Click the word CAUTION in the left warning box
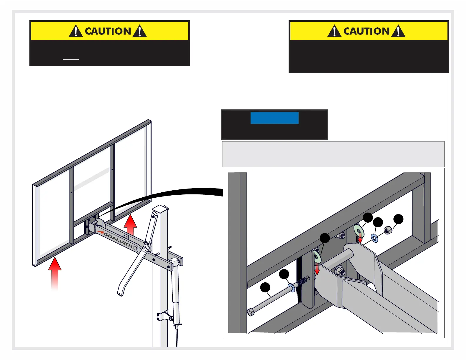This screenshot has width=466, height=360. pyautogui.click(x=108, y=31)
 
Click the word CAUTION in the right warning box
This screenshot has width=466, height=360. pyautogui.click(x=366, y=31)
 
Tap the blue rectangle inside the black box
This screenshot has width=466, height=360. pyautogui.click(x=274, y=118)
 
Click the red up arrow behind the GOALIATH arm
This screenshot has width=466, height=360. pyautogui.click(x=130, y=225)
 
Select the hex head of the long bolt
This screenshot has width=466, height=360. pyautogui.click(x=251, y=312)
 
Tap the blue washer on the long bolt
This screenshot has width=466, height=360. pyautogui.click(x=292, y=288)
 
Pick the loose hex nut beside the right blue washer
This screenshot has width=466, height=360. pyautogui.click(x=387, y=230)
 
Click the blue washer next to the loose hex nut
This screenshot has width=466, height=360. pyautogui.click(x=375, y=238)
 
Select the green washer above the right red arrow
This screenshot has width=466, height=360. pyautogui.click(x=359, y=231)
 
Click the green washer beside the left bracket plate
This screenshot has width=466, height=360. pyautogui.click(x=317, y=256)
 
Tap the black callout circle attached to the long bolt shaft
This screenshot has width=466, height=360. pyautogui.click(x=265, y=287)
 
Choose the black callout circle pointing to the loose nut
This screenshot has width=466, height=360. pyautogui.click(x=398, y=219)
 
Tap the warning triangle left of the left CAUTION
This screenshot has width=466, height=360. pyautogui.click(x=76, y=31)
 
